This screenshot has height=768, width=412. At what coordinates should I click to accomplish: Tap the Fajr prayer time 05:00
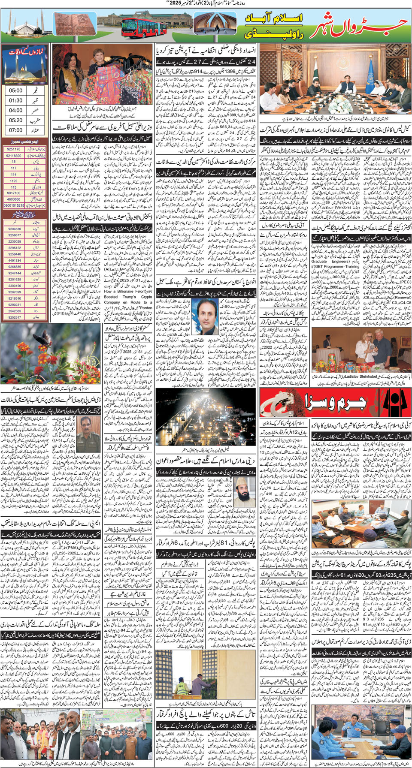pyautogui.click(x=16, y=90)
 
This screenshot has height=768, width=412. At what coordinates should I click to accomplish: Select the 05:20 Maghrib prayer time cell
pyautogui.click(x=16, y=120)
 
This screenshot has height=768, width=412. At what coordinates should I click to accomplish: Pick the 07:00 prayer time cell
pyautogui.click(x=16, y=130)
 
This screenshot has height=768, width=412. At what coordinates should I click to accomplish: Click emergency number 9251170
pyautogui.click(x=14, y=149)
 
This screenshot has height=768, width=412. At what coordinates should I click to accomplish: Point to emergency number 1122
pyautogui.click(x=14, y=181)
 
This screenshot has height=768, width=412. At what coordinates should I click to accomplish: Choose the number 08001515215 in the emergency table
pyautogui.click(x=14, y=205)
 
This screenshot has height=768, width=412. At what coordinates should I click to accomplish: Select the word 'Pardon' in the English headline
pyautogui.click(x=146, y=307)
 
